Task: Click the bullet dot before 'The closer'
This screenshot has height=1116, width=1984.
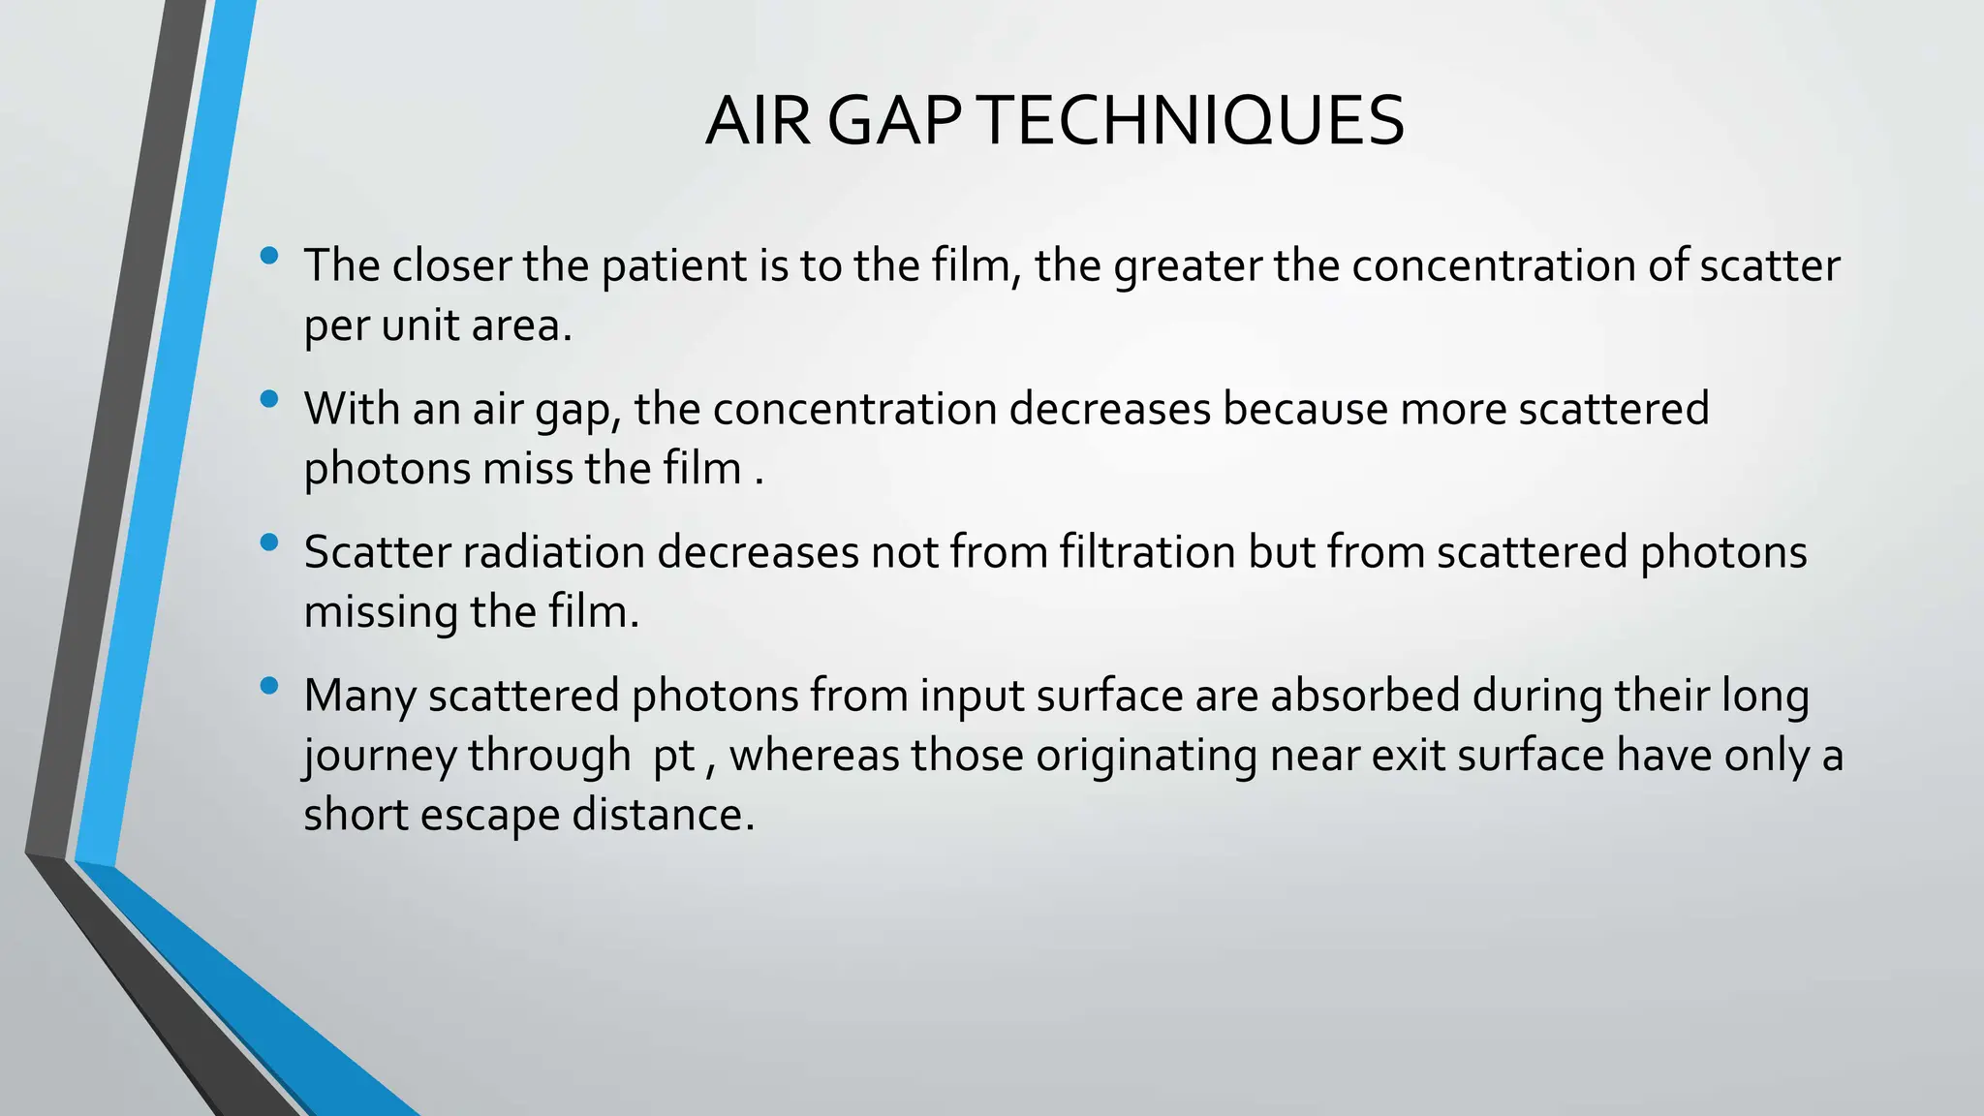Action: tap(269, 256)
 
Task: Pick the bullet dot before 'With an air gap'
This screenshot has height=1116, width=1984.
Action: tap(269, 399)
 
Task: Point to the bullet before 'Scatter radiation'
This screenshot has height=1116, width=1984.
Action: tap(269, 542)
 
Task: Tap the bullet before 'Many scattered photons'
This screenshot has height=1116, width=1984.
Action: tap(269, 686)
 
